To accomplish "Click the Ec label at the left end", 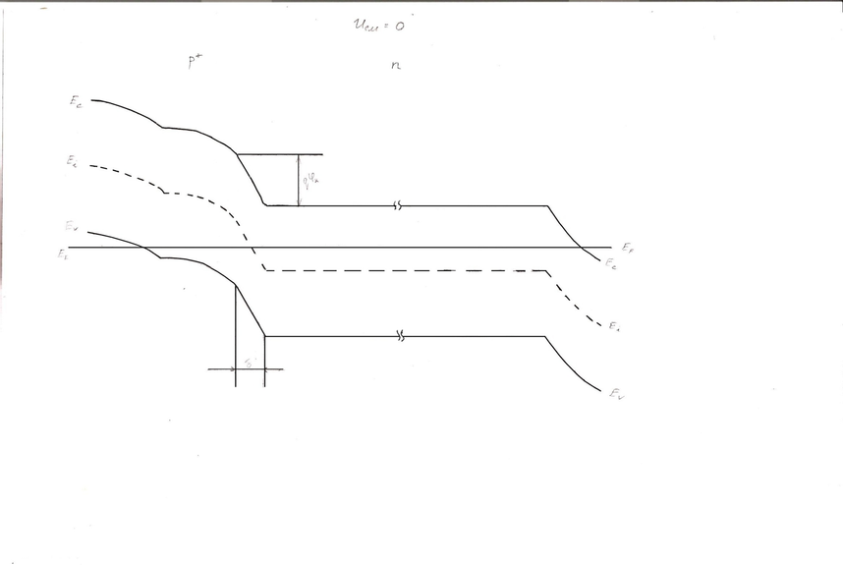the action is [x=77, y=103].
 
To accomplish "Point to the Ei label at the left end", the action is [x=73, y=161].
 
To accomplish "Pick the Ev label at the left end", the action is [x=72, y=227].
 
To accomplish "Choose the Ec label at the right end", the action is [x=610, y=264].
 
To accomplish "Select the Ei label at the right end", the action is [x=613, y=325].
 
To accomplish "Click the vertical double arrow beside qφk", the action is [x=298, y=180].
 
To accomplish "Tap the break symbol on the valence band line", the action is [x=400, y=337].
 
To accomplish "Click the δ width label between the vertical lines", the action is [x=249, y=364].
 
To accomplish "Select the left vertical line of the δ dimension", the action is [x=236, y=334].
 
